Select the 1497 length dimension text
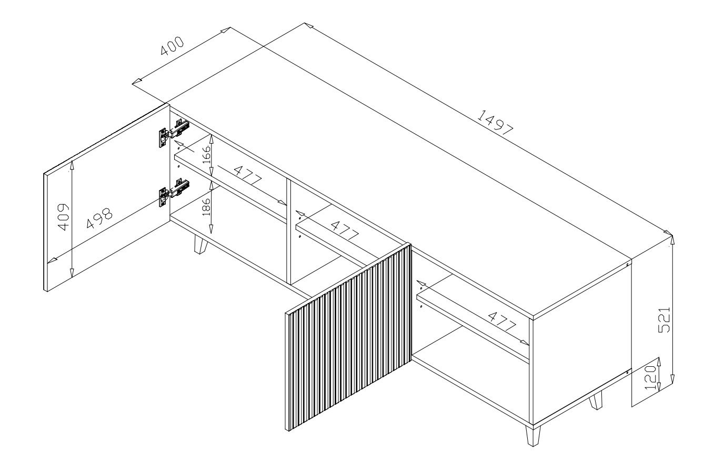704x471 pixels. point(495,123)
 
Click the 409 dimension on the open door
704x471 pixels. point(63,216)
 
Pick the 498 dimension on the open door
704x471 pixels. point(99,217)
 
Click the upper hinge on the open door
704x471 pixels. point(173,132)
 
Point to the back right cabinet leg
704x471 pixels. point(596,401)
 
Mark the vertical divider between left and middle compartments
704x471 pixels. point(287,232)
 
